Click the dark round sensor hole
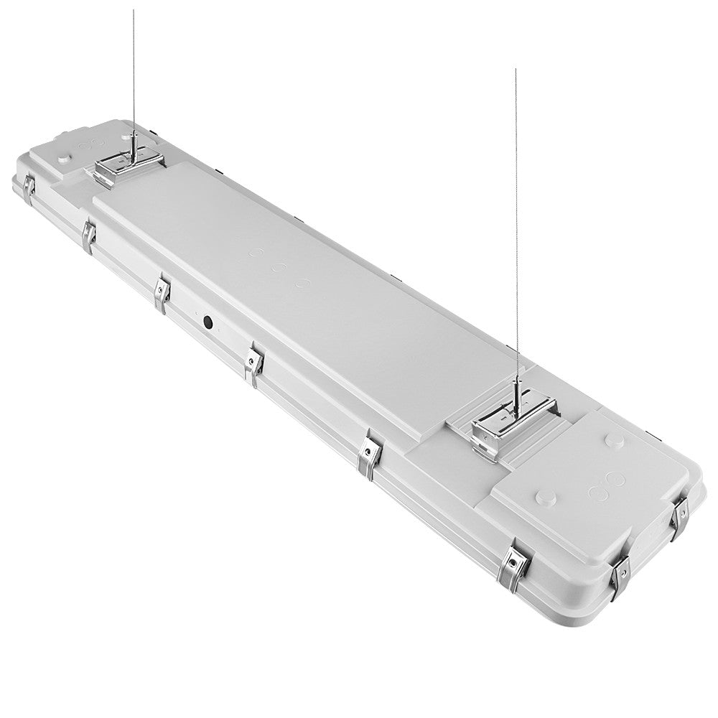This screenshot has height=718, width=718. [x=208, y=322]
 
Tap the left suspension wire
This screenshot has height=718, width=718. [x=133, y=72]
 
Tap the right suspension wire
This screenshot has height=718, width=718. [x=516, y=215]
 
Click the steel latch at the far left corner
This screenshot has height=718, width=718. [x=29, y=187]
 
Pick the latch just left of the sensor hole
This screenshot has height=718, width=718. [x=162, y=293]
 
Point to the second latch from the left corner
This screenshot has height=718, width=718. [x=89, y=235]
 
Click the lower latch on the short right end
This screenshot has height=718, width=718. [x=620, y=574]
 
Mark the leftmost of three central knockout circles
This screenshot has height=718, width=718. [x=256, y=254]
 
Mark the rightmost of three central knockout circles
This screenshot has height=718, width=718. [x=303, y=284]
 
